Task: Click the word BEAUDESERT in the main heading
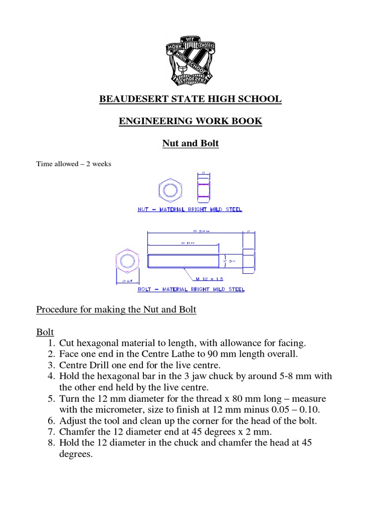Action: (x=130, y=99)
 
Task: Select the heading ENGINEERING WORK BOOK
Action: (x=190, y=121)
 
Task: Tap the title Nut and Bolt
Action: (x=190, y=143)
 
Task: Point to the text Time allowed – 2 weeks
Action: (x=73, y=164)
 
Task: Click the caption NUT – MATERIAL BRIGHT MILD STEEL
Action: (x=190, y=209)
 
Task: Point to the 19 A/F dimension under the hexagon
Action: (x=127, y=281)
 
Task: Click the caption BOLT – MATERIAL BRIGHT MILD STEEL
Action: (x=190, y=289)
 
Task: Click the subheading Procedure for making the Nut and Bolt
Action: (x=116, y=310)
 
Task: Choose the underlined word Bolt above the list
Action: (x=45, y=331)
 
